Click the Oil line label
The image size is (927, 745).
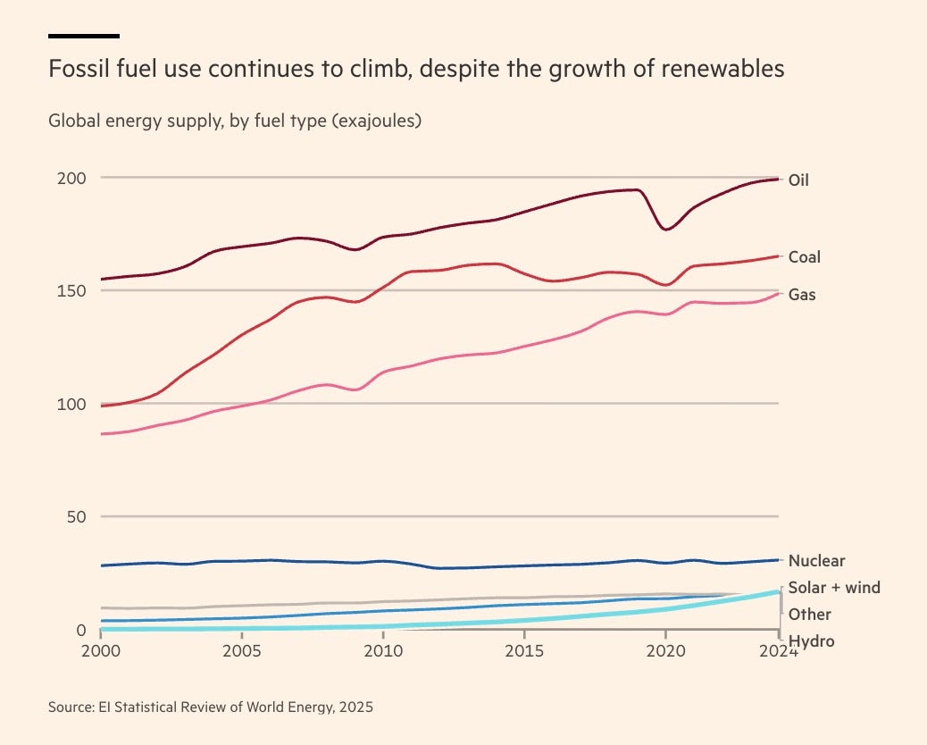point(798,180)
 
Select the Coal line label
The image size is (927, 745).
point(804,257)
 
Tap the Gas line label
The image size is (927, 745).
point(802,295)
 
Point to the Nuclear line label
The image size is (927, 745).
point(816,561)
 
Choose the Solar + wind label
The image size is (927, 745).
point(834,588)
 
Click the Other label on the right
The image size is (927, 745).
point(809,615)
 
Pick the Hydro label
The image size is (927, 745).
point(811,640)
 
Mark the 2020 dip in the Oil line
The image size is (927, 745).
point(665,230)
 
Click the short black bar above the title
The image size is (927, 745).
point(84,36)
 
